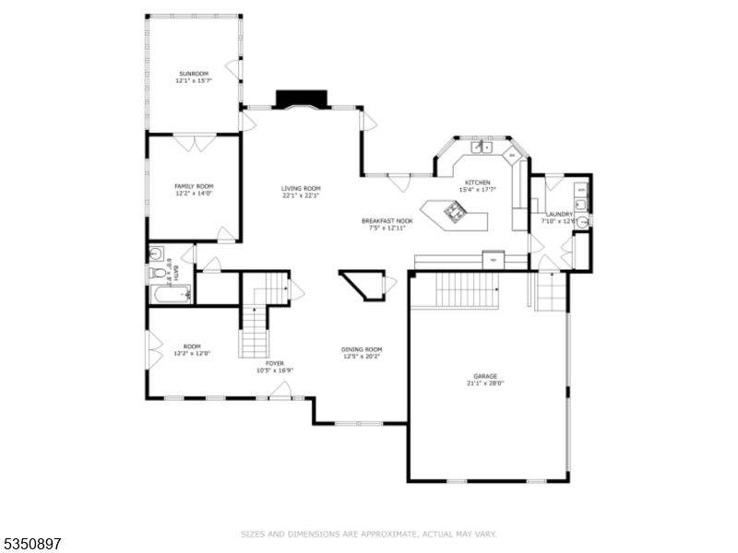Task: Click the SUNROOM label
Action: tap(194, 73)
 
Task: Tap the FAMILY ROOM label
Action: tap(194, 185)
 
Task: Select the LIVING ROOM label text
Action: tap(301, 188)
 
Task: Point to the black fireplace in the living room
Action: tap(302, 98)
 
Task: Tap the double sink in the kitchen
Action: tap(482, 147)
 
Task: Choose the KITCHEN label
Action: tap(478, 182)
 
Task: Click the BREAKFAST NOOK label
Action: tap(387, 221)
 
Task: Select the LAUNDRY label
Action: tap(559, 214)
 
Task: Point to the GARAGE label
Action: tap(485, 376)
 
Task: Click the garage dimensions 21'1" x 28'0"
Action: tap(485, 383)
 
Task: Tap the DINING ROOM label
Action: tap(362, 349)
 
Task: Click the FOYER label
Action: tap(275, 364)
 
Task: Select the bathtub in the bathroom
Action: tap(170, 295)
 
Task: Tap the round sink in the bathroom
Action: tap(156, 253)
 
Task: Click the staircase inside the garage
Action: tap(467, 291)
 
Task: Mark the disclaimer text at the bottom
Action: tap(369, 534)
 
